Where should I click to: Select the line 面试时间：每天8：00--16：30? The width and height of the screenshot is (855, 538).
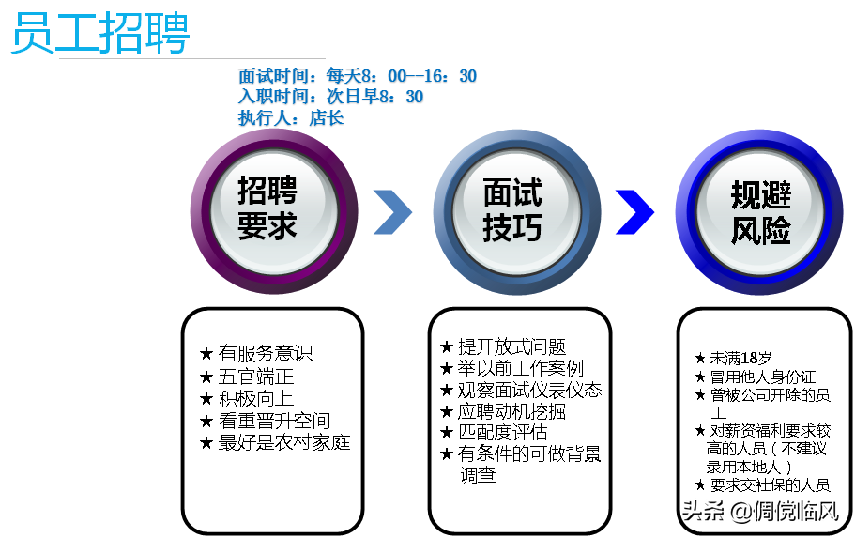coord(358,76)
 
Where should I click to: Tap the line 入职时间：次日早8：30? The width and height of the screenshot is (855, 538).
coord(330,97)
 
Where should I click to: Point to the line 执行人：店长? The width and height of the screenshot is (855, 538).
coord(291,117)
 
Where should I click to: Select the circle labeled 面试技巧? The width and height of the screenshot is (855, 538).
coord(512,210)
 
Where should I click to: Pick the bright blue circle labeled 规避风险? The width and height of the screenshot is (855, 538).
coord(759,210)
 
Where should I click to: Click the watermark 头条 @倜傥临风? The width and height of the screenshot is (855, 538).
coord(759,512)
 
